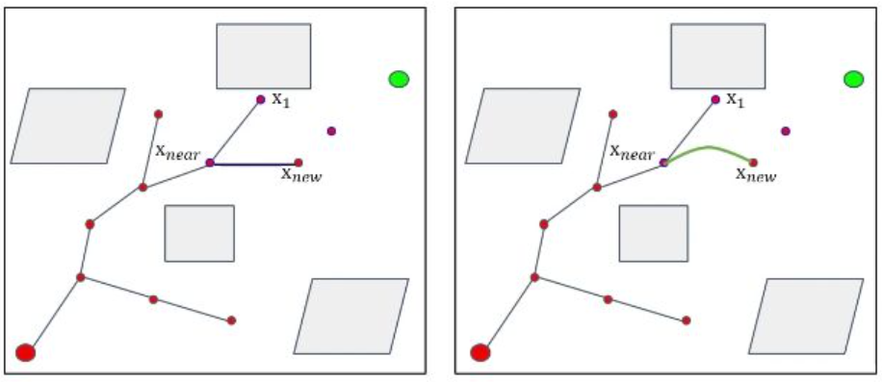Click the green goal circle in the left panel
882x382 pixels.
click(399, 79)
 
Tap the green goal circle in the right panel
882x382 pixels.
click(853, 79)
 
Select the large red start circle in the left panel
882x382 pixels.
click(26, 352)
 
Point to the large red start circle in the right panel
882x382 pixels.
click(480, 352)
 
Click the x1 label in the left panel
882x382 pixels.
click(280, 100)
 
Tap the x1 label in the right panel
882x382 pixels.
click(735, 99)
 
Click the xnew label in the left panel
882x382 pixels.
click(301, 175)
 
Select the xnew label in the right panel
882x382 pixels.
click(756, 175)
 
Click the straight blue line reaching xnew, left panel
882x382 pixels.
click(255, 165)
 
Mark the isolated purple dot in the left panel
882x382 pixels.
click(331, 131)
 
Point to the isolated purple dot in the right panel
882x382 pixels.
click(786, 131)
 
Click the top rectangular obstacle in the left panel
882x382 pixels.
click(263, 57)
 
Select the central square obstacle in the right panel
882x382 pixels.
click(653, 233)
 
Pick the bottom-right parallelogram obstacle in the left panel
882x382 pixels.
click(350, 317)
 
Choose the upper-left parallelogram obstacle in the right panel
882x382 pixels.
click(522, 126)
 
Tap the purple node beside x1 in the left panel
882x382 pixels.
click(260, 99)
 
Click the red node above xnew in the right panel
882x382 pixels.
click(753, 163)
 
